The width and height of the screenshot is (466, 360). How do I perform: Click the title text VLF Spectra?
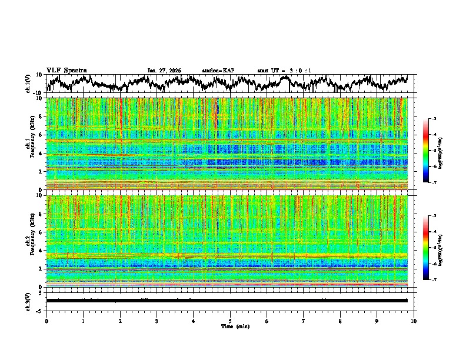pyautogui.click(x=66, y=70)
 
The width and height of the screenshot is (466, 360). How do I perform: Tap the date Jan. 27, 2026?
pyautogui.click(x=164, y=71)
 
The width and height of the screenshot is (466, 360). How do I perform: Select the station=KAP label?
pyautogui.click(x=218, y=71)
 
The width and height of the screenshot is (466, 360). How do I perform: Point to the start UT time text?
pyautogui.click(x=284, y=71)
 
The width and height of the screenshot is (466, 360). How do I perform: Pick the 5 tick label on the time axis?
pyautogui.click(x=230, y=321)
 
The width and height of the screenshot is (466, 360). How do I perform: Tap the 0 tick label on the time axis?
pyautogui.click(x=46, y=321)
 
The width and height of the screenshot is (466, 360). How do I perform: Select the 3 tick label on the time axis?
pyautogui.click(x=157, y=321)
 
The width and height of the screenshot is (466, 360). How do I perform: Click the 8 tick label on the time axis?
pyautogui.click(x=340, y=321)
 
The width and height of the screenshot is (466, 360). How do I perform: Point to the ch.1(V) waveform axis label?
pyautogui.click(x=29, y=84)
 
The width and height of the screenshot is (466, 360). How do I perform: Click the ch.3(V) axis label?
pyautogui.click(x=29, y=300)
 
